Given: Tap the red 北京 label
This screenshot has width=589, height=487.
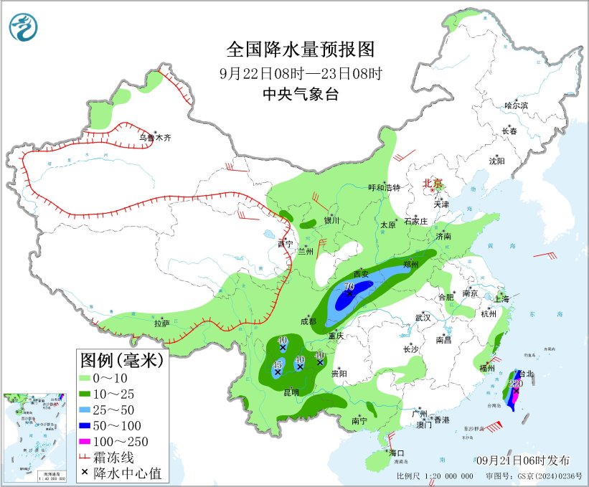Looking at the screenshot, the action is click(x=433, y=184).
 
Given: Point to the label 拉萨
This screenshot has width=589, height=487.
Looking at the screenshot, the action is click(x=161, y=323).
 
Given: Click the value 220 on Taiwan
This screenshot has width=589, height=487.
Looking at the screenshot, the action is click(x=514, y=383).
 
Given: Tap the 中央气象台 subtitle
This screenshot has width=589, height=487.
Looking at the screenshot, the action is click(x=300, y=93).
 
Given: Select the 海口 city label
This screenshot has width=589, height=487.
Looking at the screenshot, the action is click(x=397, y=453).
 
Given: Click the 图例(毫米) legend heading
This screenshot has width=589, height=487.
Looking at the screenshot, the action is click(x=121, y=359).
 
